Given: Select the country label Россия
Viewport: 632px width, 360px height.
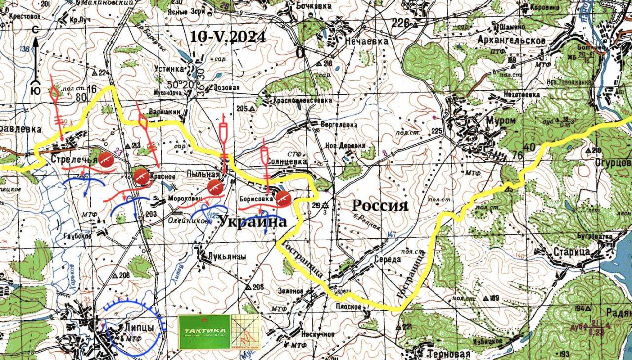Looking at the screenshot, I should pos(380,205).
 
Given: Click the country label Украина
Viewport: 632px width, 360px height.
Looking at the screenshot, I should pos(252,222).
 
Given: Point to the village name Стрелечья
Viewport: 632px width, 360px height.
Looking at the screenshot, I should pos(74,159).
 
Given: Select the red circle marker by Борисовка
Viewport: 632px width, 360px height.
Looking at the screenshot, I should pos(282,198).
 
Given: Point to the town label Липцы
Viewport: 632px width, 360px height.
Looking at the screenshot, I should pos(137,327).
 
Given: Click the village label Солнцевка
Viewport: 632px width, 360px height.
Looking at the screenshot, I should pos(286,161).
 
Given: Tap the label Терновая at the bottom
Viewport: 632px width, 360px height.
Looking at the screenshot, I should pos(448,354).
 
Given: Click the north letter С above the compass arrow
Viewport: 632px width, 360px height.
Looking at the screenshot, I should pos(35,31).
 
